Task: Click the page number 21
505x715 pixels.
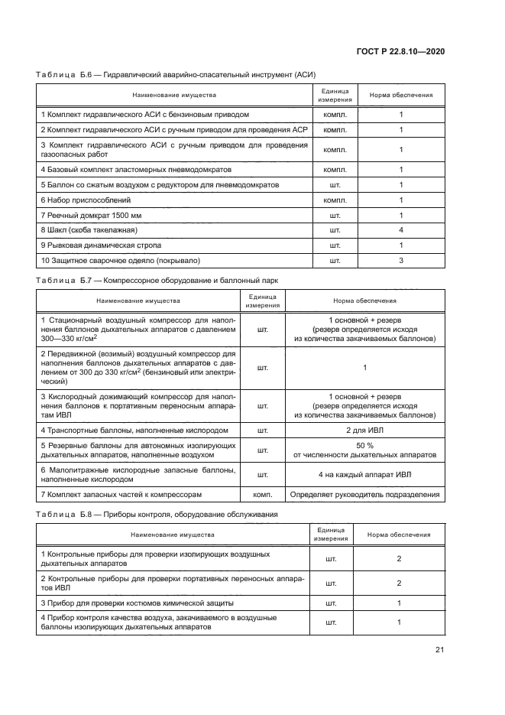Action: click(x=439, y=650)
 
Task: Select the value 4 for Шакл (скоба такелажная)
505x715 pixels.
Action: click(x=400, y=230)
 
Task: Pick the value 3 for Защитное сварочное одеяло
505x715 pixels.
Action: click(x=400, y=260)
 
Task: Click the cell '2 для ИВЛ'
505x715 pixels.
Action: click(x=364, y=431)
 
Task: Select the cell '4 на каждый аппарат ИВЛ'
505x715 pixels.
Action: click(x=364, y=474)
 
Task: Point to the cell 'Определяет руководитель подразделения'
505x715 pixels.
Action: click(x=364, y=496)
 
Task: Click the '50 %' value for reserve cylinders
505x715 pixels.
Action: click(x=364, y=445)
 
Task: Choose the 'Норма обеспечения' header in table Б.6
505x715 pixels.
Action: click(x=400, y=96)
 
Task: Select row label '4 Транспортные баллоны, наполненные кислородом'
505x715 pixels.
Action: click(x=134, y=431)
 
